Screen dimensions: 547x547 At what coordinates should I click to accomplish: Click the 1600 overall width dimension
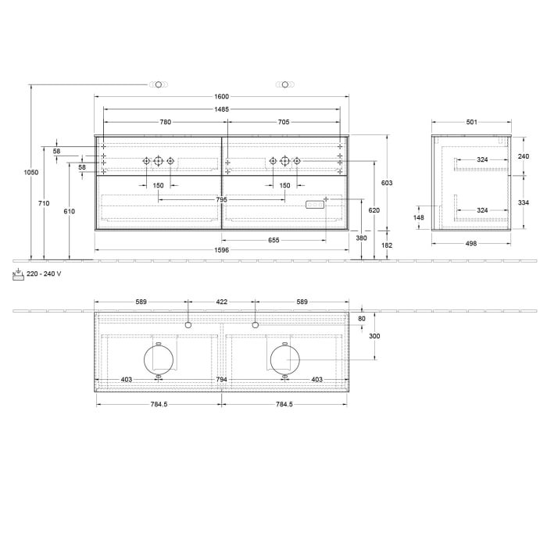pyautogui.click(x=222, y=97)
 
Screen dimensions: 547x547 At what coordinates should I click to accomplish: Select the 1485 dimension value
pyautogui.click(x=222, y=109)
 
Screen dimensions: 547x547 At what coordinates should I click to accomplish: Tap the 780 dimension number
pyautogui.click(x=166, y=122)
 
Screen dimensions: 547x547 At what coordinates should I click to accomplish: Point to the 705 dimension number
pyautogui.click(x=284, y=122)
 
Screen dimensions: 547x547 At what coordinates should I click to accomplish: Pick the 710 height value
pyautogui.click(x=44, y=203)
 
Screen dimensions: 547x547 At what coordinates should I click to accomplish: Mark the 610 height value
pyautogui.click(x=70, y=212)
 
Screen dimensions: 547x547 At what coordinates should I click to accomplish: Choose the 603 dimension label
pyautogui.click(x=387, y=183)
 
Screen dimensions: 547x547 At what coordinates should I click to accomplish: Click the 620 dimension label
pyautogui.click(x=374, y=211)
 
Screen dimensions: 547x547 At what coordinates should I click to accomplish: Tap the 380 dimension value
pyautogui.click(x=361, y=238)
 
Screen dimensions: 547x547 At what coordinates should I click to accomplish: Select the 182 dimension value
pyautogui.click(x=387, y=245)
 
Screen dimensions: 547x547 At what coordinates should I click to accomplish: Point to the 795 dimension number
pyautogui.click(x=222, y=199)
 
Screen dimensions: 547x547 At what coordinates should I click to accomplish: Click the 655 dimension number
pyautogui.click(x=273, y=240)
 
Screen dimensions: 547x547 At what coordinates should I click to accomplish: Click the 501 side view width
pyautogui.click(x=472, y=122)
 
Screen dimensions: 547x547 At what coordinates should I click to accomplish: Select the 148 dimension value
pyautogui.click(x=420, y=218)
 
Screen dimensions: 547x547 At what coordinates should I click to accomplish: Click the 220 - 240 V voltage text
pyautogui.click(x=44, y=273)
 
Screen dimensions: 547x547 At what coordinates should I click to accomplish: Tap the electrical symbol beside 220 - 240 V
pyautogui.click(x=19, y=274)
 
